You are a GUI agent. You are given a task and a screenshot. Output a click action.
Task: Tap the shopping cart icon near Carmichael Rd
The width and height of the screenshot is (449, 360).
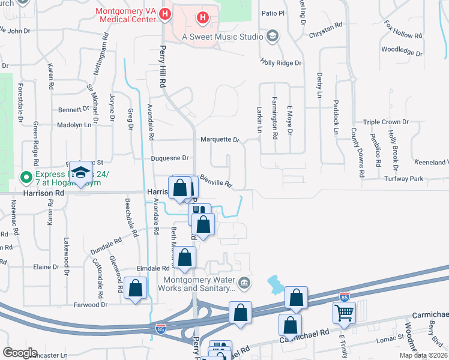[x=344, y=312]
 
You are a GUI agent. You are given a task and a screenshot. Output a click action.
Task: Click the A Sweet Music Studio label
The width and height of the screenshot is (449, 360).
[x=222, y=37]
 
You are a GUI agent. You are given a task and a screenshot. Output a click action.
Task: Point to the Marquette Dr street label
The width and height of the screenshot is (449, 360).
[x=220, y=139]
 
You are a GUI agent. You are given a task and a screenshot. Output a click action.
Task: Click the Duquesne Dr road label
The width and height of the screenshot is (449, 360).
[x=169, y=158]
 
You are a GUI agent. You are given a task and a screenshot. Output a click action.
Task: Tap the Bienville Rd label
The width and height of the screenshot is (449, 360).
[x=216, y=180]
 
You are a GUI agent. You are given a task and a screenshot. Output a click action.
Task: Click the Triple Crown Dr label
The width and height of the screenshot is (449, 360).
[x=385, y=122]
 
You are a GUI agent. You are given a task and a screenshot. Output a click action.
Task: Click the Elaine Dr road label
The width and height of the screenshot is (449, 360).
[x=46, y=266]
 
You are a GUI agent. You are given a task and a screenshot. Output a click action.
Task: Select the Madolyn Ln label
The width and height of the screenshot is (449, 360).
[x=74, y=125]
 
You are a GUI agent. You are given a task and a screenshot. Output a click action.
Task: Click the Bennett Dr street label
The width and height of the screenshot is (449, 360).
[x=73, y=110]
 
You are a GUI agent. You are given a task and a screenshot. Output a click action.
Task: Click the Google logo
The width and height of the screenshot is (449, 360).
[x=20, y=352]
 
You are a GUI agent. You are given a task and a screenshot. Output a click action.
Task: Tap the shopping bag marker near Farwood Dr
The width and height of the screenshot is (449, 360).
[x=136, y=289]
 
